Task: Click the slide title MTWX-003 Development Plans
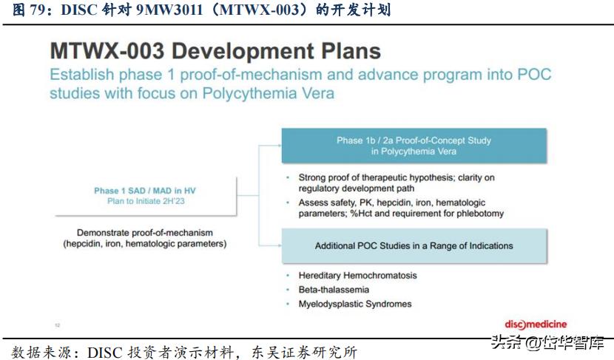coord(215,51)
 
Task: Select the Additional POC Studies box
coord(414,246)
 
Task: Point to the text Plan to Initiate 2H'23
coord(145,201)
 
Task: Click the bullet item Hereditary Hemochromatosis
coord(357,276)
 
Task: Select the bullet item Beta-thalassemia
coord(334,290)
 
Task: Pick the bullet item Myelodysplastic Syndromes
coord(355,304)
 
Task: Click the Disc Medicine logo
coord(536,325)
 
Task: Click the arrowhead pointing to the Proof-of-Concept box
coord(277,145)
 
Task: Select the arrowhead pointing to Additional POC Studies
coord(277,245)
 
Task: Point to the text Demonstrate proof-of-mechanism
coord(145,231)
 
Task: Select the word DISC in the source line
coord(103,350)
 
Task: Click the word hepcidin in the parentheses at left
coord(89,243)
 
